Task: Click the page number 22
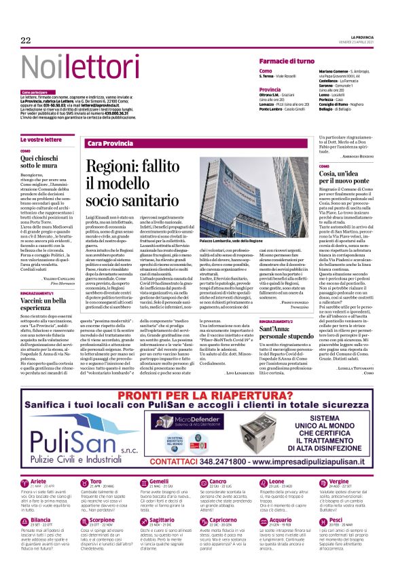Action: [x=26, y=41]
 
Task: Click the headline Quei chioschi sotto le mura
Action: [x=48, y=160]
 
